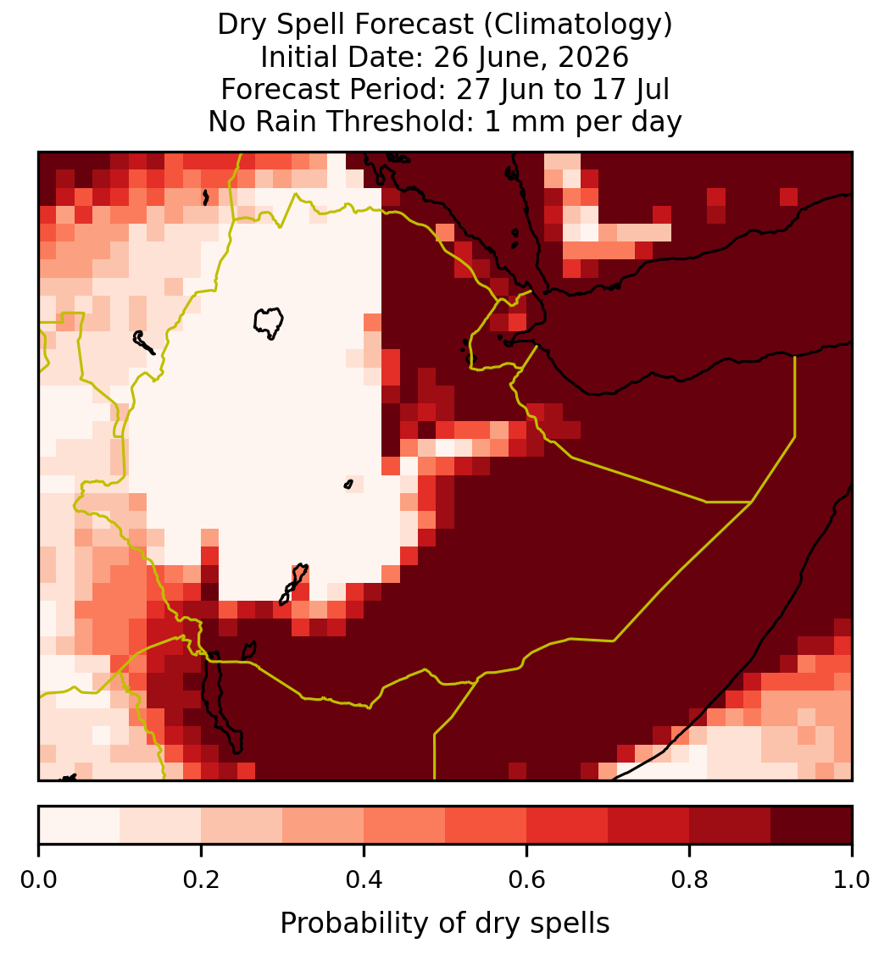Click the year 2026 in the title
pos(593,57)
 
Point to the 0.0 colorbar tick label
pos(39,879)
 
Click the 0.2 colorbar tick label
pos(201,879)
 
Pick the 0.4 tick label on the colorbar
pos(364,879)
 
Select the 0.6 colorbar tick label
pos(526,879)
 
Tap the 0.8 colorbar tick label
pos(689,879)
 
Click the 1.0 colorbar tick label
pos(852,879)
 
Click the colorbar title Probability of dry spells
pos(445,924)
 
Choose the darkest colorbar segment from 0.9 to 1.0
pos(811,825)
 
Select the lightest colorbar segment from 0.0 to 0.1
pos(80,825)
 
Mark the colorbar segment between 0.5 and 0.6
pos(486,825)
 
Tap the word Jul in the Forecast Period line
pos(650,89)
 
